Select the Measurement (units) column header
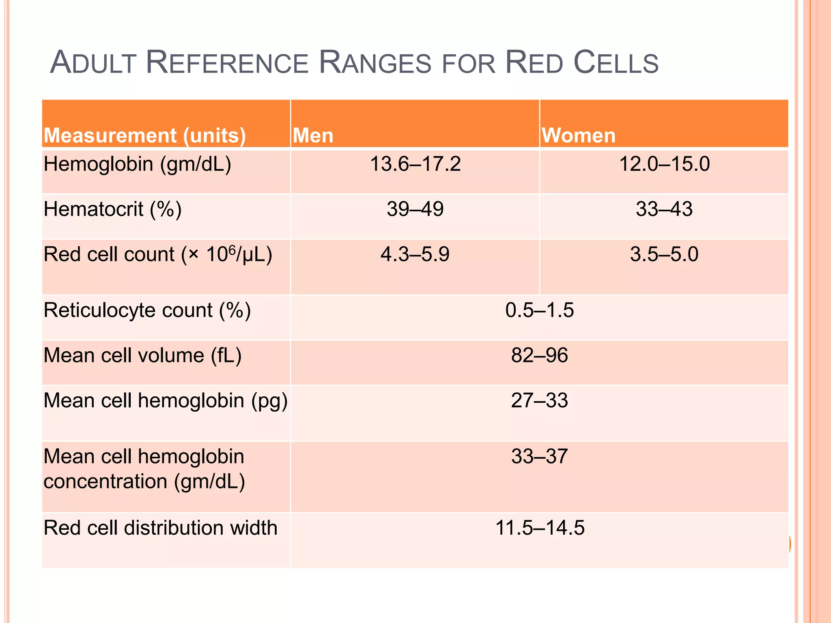click(144, 135)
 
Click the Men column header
click(313, 135)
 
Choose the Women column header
click(578, 135)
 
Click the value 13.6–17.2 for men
click(415, 164)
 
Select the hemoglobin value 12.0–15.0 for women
click(664, 164)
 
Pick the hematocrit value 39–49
click(415, 209)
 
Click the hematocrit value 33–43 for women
click(664, 209)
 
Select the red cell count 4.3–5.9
click(415, 255)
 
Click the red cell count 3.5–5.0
click(664, 255)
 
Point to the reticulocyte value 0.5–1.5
click(539, 310)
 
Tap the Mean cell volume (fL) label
click(142, 356)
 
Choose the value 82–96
click(539, 355)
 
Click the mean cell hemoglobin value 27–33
click(539, 401)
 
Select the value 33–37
click(539, 457)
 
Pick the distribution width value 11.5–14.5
click(540, 528)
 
